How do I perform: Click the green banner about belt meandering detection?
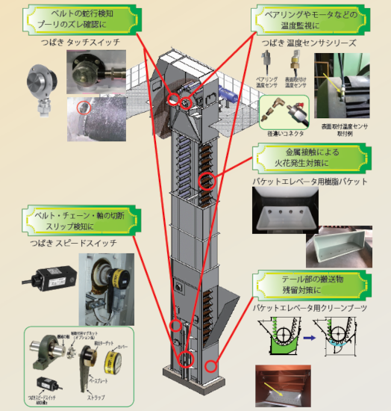pos(81,18)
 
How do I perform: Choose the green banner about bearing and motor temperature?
pos(305,18)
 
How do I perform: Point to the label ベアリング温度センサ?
pos(267,81)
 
